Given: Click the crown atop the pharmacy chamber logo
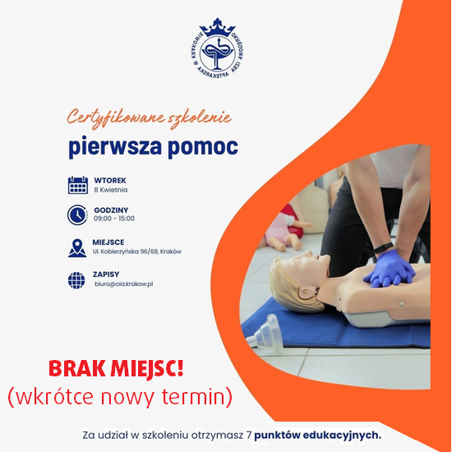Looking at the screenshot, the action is point(217,27).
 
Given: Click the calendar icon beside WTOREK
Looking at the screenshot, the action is point(78,185).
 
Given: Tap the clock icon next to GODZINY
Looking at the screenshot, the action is point(77,214).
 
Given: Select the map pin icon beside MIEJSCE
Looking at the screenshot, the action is point(77,248).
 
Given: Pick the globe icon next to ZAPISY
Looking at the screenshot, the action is point(76,280).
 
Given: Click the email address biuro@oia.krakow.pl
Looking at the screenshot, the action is point(123,284).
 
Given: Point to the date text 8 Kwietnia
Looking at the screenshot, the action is point(111,190).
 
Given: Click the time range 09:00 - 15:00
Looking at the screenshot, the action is point(114,219).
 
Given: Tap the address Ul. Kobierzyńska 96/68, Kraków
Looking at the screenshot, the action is point(137,251).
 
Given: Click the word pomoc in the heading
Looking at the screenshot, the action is point(203,147).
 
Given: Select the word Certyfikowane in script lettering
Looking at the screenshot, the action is point(116,118).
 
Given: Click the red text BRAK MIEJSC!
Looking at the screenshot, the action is point(116,369).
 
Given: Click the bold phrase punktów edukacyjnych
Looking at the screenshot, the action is point(317,435).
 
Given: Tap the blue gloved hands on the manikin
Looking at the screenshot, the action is point(390,269).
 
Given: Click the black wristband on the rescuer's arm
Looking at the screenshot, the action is point(384,247).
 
